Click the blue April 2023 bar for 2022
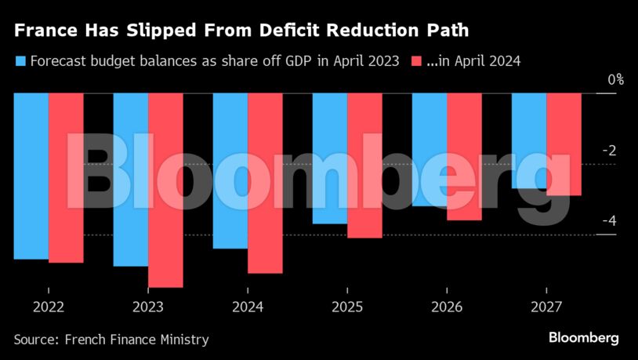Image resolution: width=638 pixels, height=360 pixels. (31, 176)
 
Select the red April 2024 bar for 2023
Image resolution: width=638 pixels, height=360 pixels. (165, 190)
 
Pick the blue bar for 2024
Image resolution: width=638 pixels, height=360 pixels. (230, 170)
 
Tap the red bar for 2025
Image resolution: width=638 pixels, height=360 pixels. (364, 165)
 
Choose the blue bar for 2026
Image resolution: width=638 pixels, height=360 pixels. (430, 149)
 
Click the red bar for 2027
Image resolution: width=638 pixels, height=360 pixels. (564, 144)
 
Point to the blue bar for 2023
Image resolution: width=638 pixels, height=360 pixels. (130, 180)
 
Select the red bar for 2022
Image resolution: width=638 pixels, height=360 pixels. (66, 177)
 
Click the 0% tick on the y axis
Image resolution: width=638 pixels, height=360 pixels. (615, 80)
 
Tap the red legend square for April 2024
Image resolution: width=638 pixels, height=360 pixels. (416, 60)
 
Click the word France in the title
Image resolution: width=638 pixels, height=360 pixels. (43, 32)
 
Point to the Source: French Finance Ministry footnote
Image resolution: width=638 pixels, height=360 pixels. (111, 340)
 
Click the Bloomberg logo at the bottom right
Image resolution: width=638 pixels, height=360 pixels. (583, 338)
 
